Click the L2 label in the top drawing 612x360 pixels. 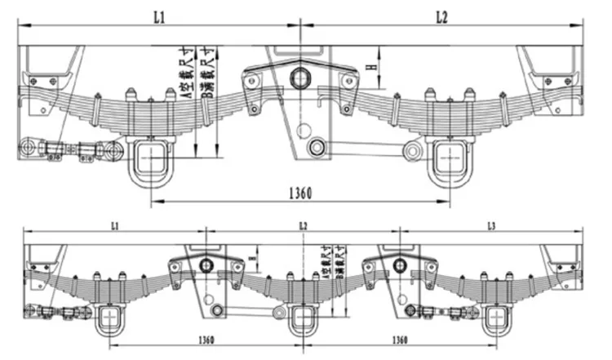coord(441,16)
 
